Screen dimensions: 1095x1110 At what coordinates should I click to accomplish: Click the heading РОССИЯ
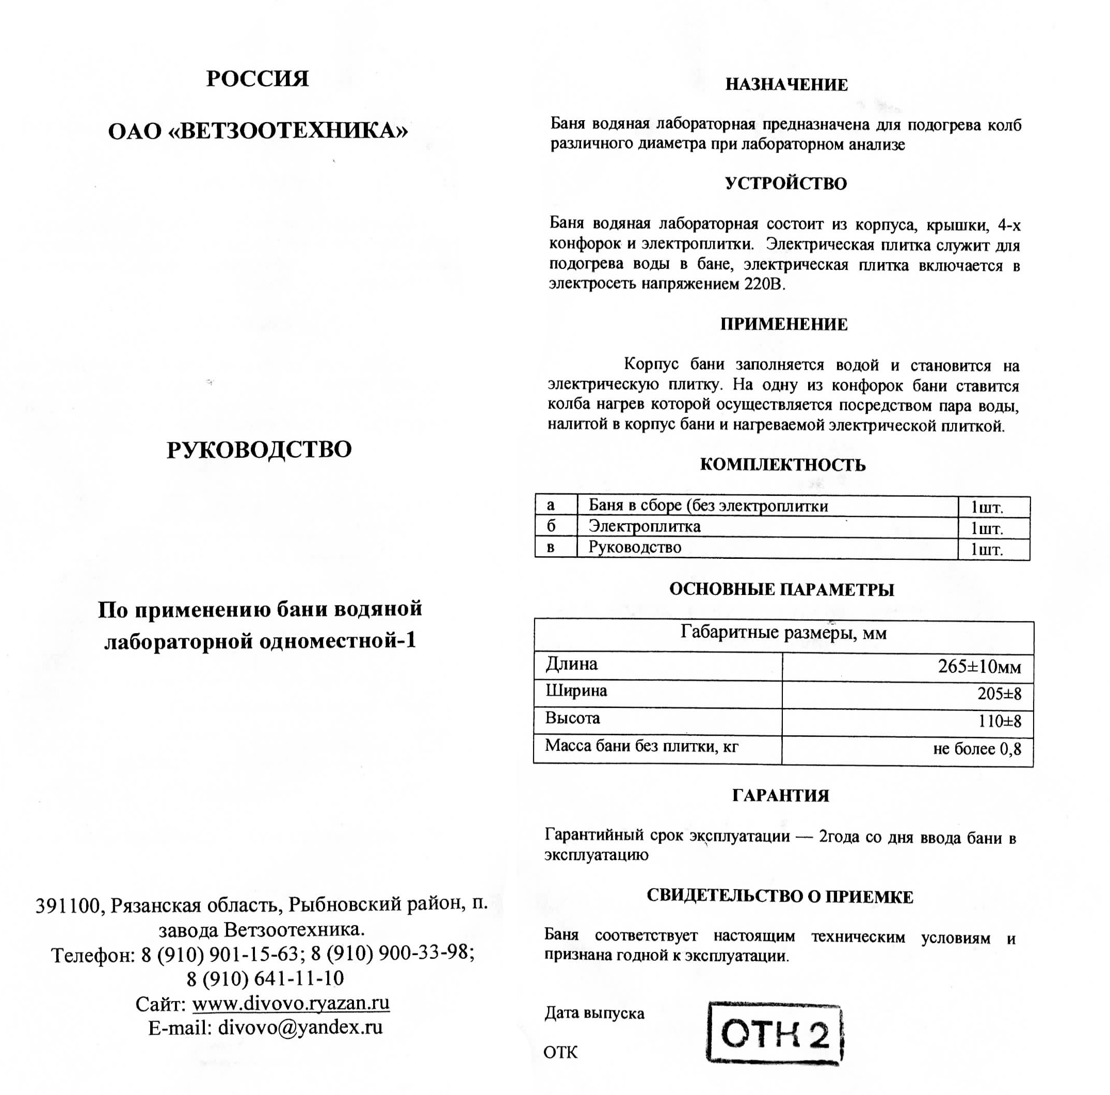[x=258, y=79]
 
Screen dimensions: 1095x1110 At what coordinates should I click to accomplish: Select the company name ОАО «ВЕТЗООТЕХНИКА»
[x=258, y=132]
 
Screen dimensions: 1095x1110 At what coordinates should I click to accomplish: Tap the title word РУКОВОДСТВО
[x=259, y=450]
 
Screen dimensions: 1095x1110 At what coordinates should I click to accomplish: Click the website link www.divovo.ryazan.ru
[x=291, y=1003]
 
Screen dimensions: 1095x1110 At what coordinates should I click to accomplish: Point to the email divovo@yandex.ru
[x=300, y=1027]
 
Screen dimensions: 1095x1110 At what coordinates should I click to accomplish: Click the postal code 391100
[x=68, y=906]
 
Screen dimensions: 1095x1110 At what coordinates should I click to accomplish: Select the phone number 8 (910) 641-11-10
[x=265, y=978]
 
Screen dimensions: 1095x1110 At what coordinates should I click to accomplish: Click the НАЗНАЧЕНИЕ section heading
[x=786, y=85]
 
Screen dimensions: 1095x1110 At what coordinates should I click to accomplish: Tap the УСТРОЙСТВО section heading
[x=785, y=184]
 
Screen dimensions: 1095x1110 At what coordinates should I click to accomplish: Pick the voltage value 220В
[x=764, y=284]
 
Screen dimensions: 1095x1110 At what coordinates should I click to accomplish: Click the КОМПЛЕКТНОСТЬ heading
[x=782, y=465]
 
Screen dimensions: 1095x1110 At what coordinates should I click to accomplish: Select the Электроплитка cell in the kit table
[x=644, y=527]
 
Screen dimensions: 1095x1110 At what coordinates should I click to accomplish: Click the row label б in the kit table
[x=551, y=526]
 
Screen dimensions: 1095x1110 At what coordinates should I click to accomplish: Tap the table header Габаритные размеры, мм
[x=783, y=633]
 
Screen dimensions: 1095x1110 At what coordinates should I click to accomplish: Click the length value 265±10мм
[x=979, y=666]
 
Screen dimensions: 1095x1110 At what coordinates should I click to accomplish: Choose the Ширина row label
[x=576, y=690]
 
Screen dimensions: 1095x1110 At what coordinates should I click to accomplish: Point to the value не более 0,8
[x=977, y=749]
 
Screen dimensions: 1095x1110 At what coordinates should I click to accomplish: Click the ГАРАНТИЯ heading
[x=780, y=796]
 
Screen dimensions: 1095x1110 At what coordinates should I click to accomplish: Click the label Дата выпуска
[x=594, y=1012]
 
